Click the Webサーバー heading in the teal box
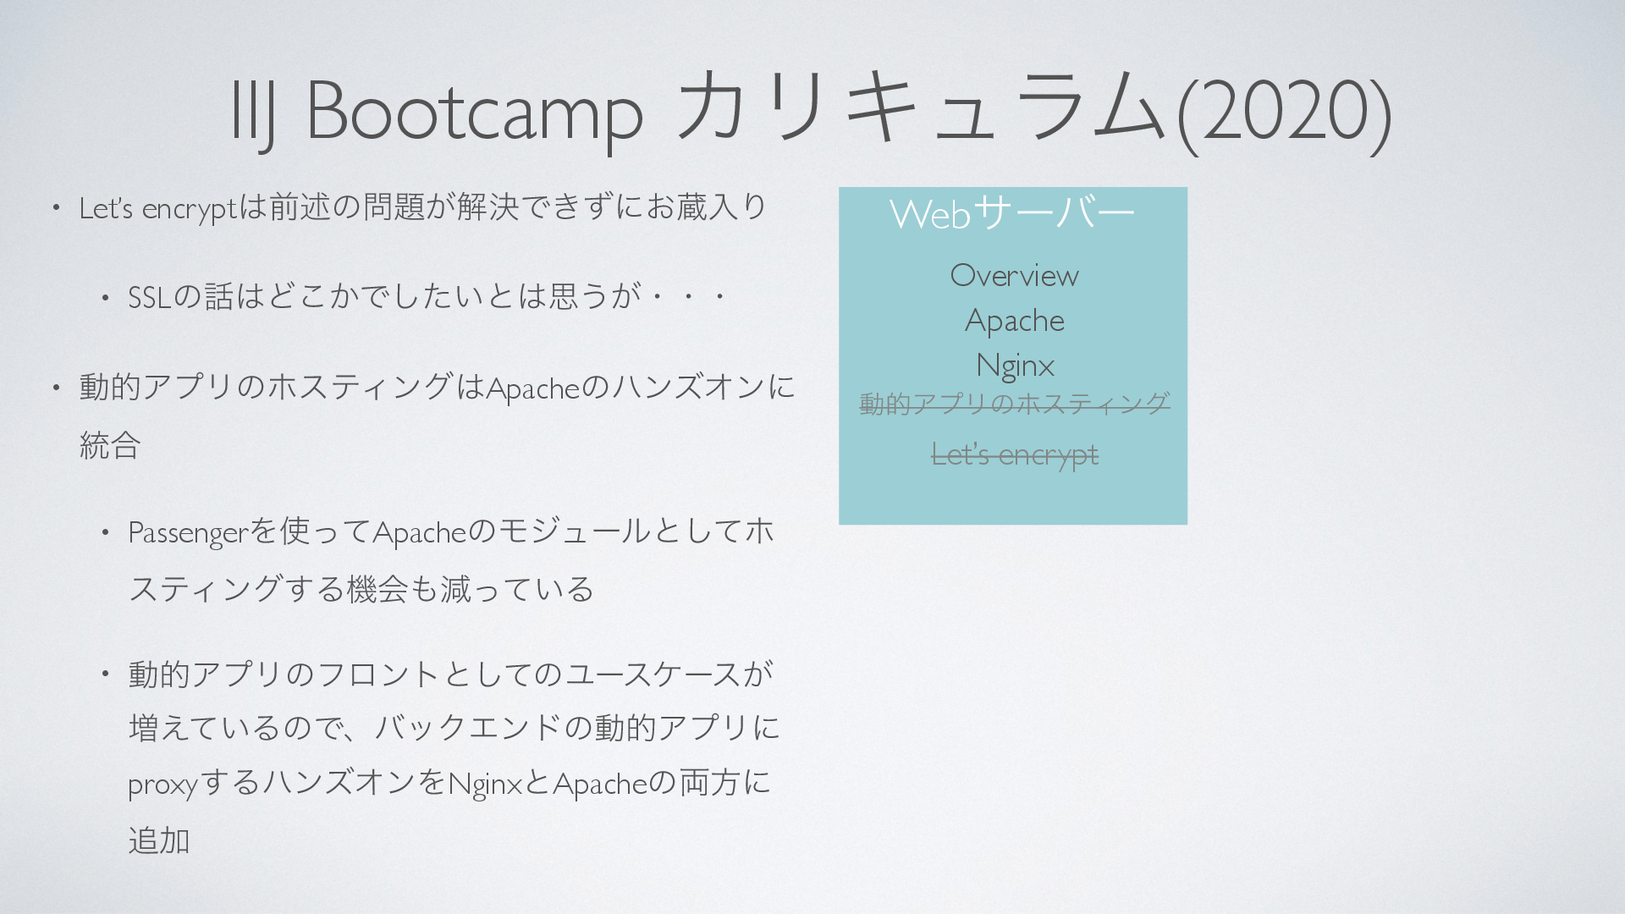coord(1012,212)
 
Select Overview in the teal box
coord(1014,275)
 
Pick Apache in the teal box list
coord(1014,321)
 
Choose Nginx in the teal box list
coord(1015,366)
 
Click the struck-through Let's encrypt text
coord(1015,455)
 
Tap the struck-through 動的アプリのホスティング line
coord(1015,404)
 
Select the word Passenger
coord(188,533)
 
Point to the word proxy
coord(162,785)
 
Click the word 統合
coord(110,445)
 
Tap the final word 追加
coord(159,840)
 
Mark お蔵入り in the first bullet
coord(707,206)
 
